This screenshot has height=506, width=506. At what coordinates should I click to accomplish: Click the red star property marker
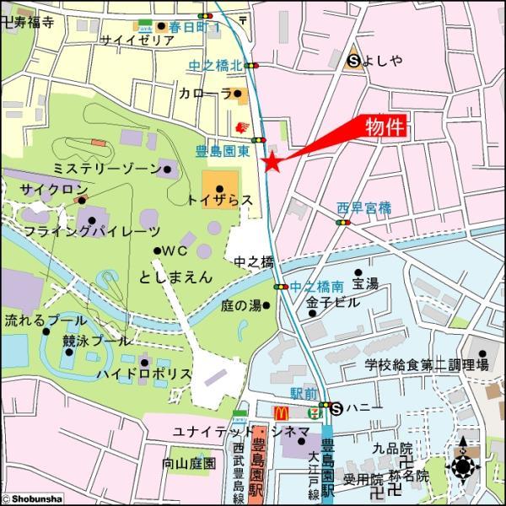click(272, 164)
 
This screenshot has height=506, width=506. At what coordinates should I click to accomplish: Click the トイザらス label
click(219, 200)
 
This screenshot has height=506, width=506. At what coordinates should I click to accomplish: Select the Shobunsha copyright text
click(32, 499)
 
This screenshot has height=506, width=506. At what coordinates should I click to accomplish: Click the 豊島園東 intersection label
click(223, 152)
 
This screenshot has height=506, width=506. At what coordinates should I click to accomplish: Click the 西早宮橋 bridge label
click(364, 207)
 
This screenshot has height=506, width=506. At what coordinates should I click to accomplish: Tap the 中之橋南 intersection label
click(316, 287)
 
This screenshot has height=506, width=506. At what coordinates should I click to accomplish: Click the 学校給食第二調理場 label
click(426, 365)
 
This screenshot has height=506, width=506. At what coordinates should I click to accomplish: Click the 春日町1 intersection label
click(193, 28)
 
